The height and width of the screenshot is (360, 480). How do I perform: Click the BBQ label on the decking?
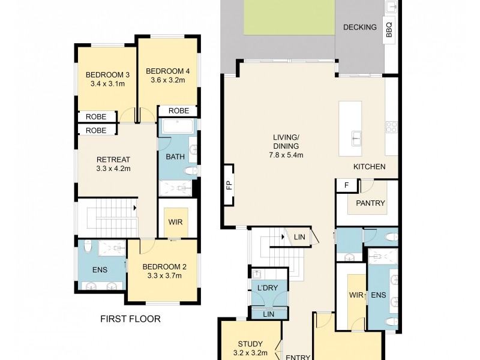click(x=389, y=29)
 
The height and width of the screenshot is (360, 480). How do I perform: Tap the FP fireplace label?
click(x=230, y=185)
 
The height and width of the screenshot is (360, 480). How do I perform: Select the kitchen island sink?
click(x=356, y=139)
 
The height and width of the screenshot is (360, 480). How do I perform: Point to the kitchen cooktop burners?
click(x=392, y=127)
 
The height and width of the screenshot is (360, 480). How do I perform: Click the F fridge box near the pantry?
click(x=347, y=185)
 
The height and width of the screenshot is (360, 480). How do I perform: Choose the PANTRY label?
click(x=370, y=203)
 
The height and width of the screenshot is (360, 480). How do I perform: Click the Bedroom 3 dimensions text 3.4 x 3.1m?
click(x=107, y=83)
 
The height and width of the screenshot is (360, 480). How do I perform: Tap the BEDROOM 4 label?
click(x=168, y=71)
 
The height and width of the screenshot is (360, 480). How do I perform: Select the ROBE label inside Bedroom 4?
click(x=179, y=110)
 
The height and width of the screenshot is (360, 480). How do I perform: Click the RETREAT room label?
click(x=113, y=160)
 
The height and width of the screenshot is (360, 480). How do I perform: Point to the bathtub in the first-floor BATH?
click(x=178, y=126)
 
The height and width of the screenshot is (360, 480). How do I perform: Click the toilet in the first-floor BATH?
click(x=191, y=171)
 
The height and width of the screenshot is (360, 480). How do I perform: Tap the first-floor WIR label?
click(x=175, y=222)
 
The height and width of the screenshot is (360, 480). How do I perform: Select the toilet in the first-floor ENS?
click(x=88, y=247)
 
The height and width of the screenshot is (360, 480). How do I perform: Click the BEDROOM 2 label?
click(x=164, y=267)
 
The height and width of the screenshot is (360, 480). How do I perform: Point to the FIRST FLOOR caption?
click(x=130, y=319)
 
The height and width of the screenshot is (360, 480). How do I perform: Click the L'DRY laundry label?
click(x=268, y=288)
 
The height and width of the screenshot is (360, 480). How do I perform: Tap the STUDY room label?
click(x=250, y=344)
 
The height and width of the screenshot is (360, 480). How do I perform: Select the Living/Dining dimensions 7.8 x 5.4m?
click(x=286, y=155)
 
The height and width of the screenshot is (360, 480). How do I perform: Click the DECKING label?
click(x=359, y=27)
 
